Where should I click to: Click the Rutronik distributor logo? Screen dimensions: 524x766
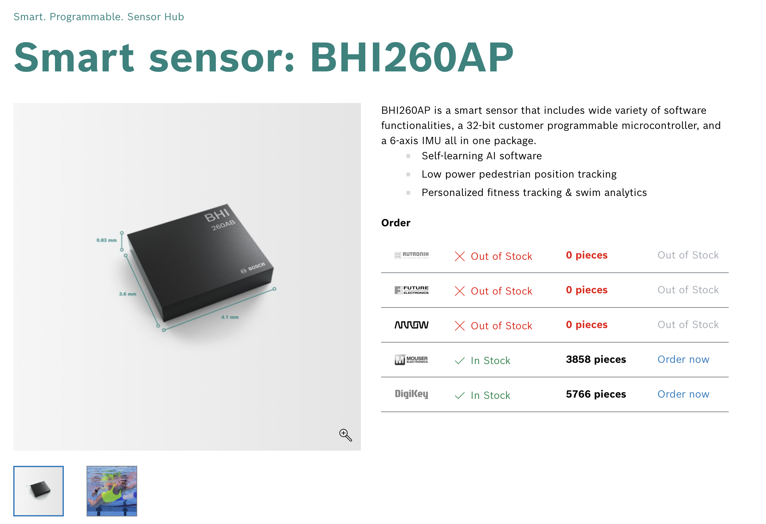point(411,255)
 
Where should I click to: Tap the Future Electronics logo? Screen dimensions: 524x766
point(411,290)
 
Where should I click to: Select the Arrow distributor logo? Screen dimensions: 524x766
point(411,325)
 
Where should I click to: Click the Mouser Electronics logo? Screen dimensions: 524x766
point(411,360)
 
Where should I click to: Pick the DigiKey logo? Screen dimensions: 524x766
point(411,394)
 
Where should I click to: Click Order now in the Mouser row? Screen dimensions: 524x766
point(683,360)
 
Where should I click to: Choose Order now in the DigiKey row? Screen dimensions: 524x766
point(683,394)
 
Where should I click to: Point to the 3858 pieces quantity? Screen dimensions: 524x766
point(596,360)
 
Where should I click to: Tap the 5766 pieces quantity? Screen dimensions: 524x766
point(596,394)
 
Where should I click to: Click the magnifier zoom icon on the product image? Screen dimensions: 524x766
point(345,435)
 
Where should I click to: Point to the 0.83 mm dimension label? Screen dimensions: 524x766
point(106,240)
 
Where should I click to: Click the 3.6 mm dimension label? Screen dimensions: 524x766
point(128,294)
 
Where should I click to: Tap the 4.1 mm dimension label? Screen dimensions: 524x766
point(230,317)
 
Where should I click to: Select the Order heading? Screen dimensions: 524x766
point(396,223)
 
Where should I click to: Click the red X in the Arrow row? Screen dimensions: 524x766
point(459,326)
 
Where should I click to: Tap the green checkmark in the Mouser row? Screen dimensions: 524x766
point(459,361)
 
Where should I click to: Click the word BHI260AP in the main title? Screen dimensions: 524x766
point(411,57)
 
